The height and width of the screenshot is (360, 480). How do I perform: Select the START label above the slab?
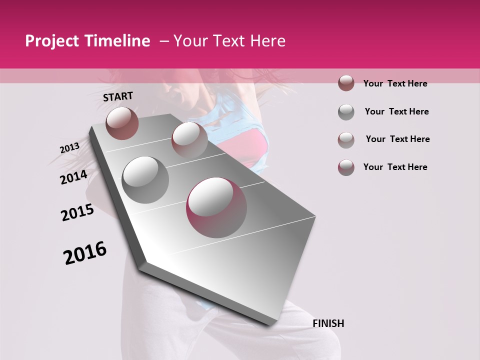click(x=118, y=96)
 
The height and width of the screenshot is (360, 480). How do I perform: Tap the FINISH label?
click(x=328, y=323)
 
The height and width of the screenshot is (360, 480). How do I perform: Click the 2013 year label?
click(x=69, y=148)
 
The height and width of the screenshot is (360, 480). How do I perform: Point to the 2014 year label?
click(x=73, y=177)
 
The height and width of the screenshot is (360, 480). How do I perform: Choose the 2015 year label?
click(x=77, y=212)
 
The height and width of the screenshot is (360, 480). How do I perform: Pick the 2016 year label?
click(x=85, y=252)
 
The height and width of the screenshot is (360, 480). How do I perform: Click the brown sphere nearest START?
click(x=122, y=123)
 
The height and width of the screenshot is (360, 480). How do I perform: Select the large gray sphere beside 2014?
click(x=145, y=179)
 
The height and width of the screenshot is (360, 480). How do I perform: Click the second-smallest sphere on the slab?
click(x=189, y=139)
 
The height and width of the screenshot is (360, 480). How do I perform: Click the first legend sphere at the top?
click(x=346, y=83)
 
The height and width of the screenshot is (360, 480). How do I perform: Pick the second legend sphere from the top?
click(x=346, y=112)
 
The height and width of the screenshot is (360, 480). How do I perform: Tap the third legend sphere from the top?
click(x=346, y=140)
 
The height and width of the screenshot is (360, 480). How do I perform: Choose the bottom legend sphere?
click(x=346, y=167)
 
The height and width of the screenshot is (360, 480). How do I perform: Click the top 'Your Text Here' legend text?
click(x=395, y=83)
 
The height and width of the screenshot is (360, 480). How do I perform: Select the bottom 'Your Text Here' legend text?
click(x=395, y=167)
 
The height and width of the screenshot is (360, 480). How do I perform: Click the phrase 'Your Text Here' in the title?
click(x=229, y=41)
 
